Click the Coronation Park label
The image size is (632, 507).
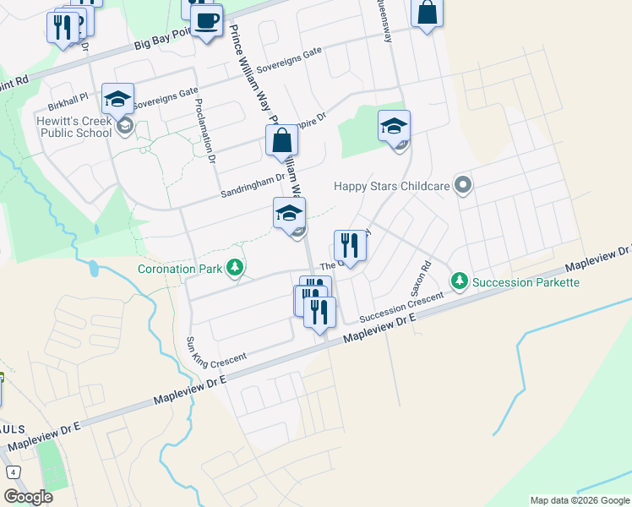[x=181, y=270]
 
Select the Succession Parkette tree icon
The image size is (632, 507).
[x=459, y=280]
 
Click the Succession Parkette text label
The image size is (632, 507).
[x=526, y=281]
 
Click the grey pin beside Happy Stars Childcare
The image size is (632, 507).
[x=462, y=184]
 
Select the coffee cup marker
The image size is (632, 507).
[x=206, y=19]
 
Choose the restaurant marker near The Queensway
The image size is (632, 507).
[x=350, y=246]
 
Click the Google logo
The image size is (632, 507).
[x=29, y=496]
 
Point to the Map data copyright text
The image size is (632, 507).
[x=580, y=500]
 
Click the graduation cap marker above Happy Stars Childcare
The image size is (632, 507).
[x=394, y=126]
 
